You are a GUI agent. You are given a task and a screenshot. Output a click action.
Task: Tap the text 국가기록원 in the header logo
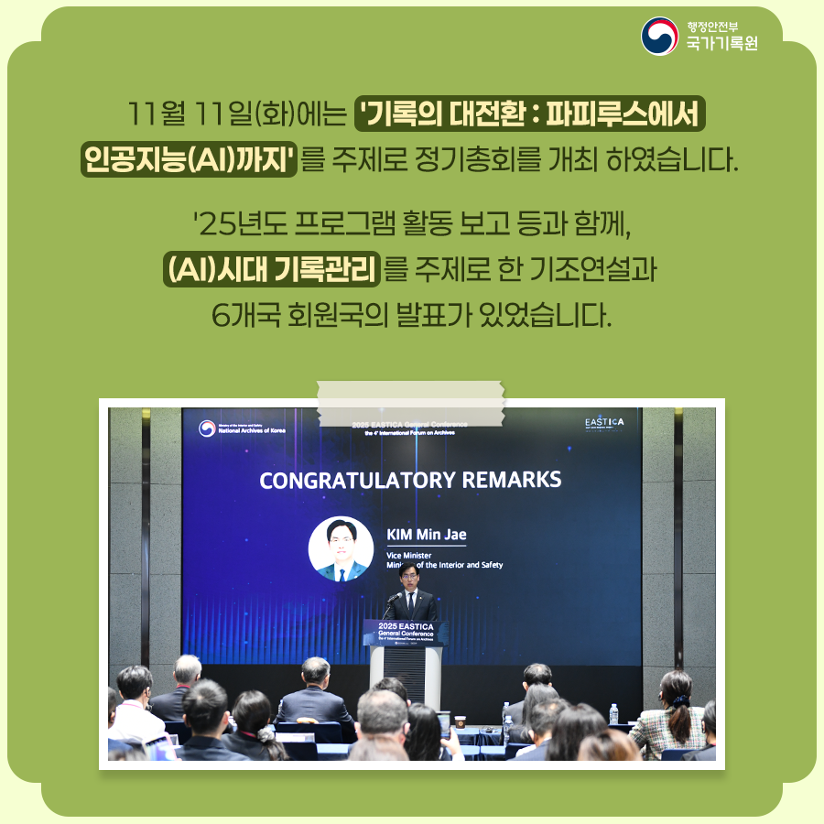[722, 44]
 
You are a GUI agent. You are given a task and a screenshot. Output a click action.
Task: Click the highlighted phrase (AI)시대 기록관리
[272, 269]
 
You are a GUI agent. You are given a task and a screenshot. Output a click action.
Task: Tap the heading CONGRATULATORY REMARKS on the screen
[410, 480]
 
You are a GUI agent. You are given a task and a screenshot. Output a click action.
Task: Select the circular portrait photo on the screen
[341, 549]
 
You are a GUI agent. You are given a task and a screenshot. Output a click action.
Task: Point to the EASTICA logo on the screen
[603, 422]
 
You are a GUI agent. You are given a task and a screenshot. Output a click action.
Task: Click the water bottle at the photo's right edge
[613, 712]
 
